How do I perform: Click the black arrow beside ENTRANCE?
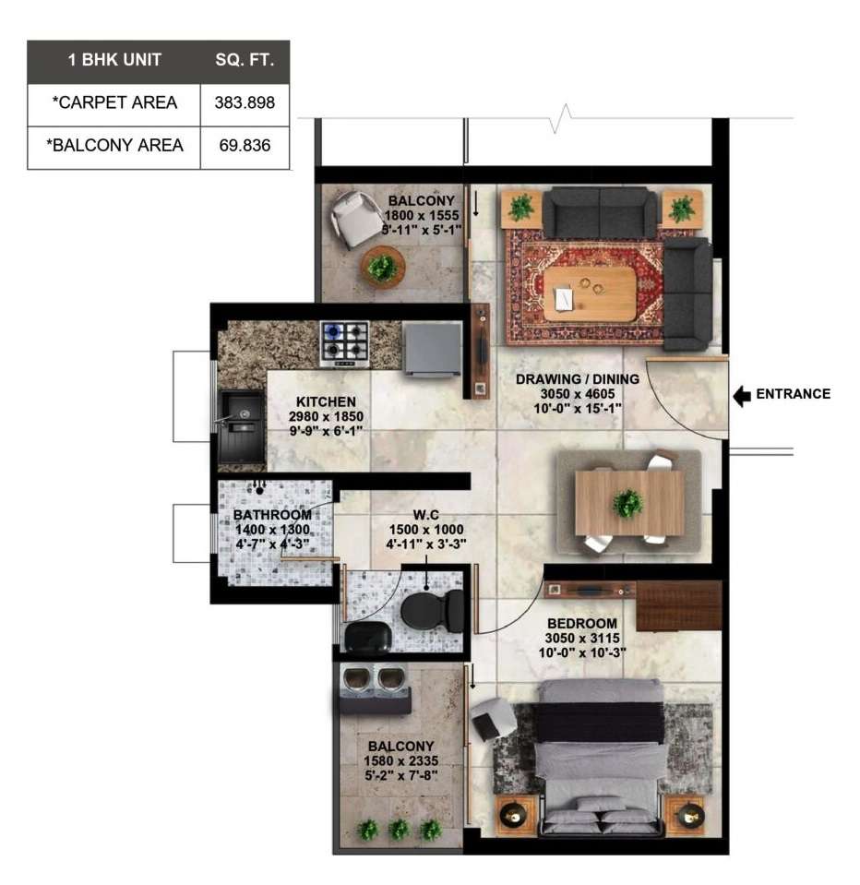(742, 396)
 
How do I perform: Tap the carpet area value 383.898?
(245, 102)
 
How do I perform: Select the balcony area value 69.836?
(245, 146)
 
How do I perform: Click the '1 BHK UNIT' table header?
(114, 60)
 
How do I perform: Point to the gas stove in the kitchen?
(345, 343)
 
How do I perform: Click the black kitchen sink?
(242, 427)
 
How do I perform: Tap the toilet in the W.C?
(432, 611)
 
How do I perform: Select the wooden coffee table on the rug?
(591, 293)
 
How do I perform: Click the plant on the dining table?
(627, 502)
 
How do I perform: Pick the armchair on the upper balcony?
(355, 219)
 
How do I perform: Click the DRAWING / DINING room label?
(578, 379)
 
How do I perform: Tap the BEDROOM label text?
(582, 624)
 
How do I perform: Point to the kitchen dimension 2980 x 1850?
(326, 416)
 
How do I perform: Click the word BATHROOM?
(272, 515)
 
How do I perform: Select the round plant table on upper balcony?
(383, 267)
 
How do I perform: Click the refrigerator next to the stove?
(432, 348)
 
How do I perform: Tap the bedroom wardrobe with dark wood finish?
(679, 606)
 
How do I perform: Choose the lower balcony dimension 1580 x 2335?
(400, 760)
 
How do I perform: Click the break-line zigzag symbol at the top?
(560, 118)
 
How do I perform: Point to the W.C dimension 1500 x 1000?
(426, 530)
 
